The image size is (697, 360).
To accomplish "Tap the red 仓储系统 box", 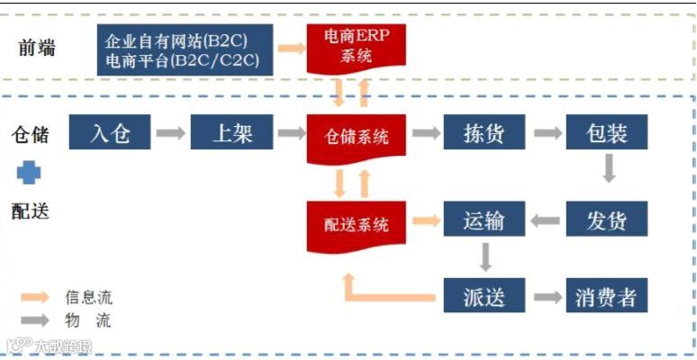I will click(357, 137).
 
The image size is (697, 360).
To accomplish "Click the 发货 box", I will click(607, 220).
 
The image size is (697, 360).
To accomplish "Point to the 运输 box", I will click(484, 220).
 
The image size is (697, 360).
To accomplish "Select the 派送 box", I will click(484, 296).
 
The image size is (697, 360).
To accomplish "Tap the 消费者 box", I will click(607, 296).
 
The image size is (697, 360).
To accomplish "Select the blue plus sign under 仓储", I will click(30, 173).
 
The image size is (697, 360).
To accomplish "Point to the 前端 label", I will click(37, 49).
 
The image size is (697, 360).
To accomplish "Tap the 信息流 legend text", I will click(89, 297).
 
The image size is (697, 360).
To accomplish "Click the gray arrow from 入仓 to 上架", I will click(170, 134).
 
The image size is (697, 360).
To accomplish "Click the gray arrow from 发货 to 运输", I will click(545, 220).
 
